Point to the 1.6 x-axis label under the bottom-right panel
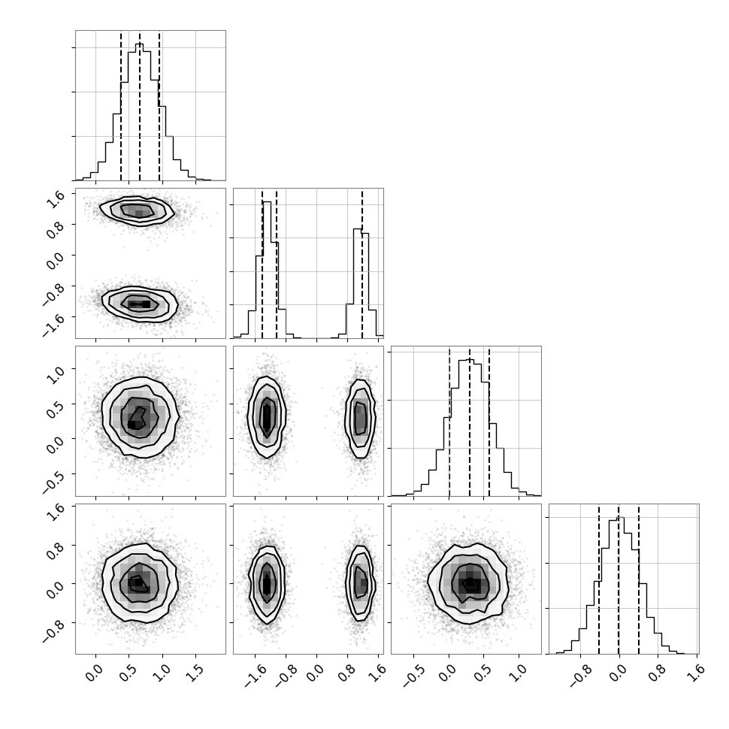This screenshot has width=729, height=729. (695, 673)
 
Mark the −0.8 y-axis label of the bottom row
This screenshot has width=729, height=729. (53, 629)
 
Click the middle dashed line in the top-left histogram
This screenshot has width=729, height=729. (140, 105)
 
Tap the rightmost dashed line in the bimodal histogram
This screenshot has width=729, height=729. (362, 264)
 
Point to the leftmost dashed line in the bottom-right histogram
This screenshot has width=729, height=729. (599, 579)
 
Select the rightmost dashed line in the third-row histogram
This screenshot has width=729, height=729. (489, 421)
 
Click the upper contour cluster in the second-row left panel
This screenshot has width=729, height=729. (137, 211)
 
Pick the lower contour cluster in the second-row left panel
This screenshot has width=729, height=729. (140, 304)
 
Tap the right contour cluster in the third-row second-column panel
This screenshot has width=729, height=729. (360, 419)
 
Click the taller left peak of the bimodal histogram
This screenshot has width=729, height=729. (266, 270)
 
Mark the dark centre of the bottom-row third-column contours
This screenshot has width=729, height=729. (470, 582)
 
